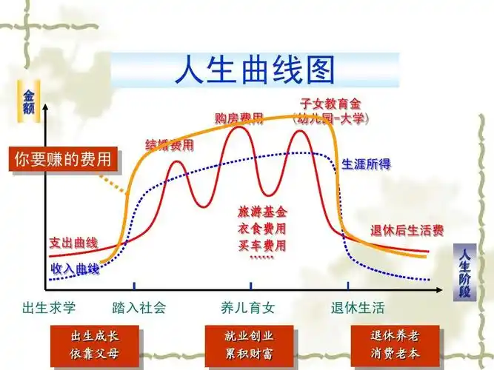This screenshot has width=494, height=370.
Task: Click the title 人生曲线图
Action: coord(255,70)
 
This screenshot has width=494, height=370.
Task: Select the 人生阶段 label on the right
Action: coord(464,271)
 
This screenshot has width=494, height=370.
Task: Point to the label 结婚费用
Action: coord(170,144)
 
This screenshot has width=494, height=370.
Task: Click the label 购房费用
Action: coord(239,118)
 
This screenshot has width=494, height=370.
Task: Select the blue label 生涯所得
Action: coord(366,164)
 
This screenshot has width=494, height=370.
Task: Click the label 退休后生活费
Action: coord(407,230)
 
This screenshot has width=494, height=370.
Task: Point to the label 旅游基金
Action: coord(262,212)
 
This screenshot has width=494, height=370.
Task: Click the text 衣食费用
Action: coord(262,229)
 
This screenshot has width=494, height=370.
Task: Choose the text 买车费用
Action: coord(262,245)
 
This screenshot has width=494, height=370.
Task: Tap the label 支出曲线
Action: coord(73,243)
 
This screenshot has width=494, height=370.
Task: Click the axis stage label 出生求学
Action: coord(50,307)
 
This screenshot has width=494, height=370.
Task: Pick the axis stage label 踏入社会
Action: coord(139,307)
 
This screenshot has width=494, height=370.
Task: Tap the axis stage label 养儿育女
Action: coord(248,307)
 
